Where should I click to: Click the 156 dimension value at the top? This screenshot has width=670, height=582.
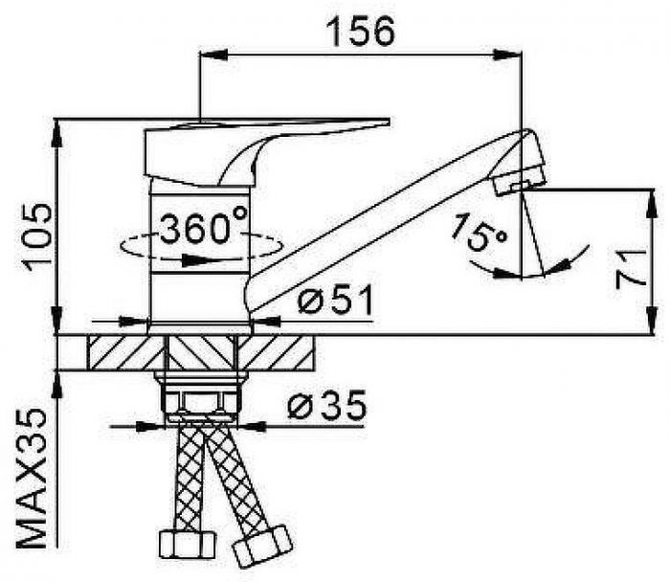360,31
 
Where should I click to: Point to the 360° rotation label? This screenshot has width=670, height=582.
203,224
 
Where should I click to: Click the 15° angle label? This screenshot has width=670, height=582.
479,233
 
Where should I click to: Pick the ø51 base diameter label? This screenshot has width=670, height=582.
335,299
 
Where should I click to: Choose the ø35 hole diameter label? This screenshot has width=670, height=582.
327,404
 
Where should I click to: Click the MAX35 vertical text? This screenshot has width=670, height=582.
32,479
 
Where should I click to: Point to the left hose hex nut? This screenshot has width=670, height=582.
187,544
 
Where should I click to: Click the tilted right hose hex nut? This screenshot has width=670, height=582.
262,547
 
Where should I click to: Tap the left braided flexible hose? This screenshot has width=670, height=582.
191,479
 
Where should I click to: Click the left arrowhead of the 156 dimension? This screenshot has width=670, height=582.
213,55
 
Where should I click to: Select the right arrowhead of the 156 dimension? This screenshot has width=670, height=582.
506,55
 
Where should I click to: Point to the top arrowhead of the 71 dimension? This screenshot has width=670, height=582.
652,204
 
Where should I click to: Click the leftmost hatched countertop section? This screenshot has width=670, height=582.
126,353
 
